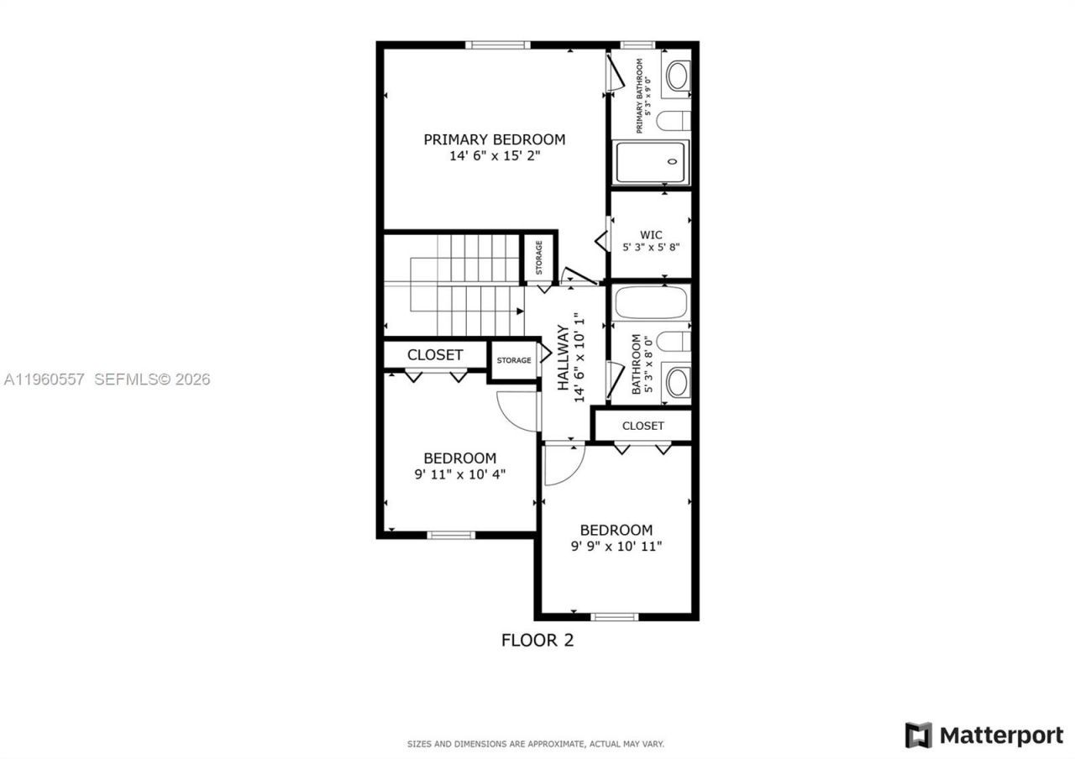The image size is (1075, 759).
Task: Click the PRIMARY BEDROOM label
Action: coord(494,139)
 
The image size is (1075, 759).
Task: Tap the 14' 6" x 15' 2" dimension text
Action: coord(494,155)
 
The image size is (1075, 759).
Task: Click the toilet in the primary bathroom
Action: coord(674,122)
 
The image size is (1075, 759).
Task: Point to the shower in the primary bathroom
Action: coord(651,162)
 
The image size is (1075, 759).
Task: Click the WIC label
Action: coord(651,234)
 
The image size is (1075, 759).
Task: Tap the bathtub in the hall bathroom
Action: coord(651,302)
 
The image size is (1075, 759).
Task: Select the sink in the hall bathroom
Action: coord(677,382)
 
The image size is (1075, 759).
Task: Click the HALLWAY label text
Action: coord(564,358)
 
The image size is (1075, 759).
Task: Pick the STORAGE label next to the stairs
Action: coord(538,258)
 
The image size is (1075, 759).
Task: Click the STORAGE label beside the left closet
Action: coord(513,360)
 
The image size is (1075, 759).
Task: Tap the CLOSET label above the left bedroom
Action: coord(435,355)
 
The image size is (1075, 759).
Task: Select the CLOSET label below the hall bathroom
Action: coord(643,426)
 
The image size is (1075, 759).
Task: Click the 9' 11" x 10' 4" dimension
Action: coord(459,474)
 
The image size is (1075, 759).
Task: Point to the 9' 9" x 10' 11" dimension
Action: coord(616,547)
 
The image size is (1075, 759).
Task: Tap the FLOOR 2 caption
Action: coord(537,641)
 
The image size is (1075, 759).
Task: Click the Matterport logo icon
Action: coord(918,735)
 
